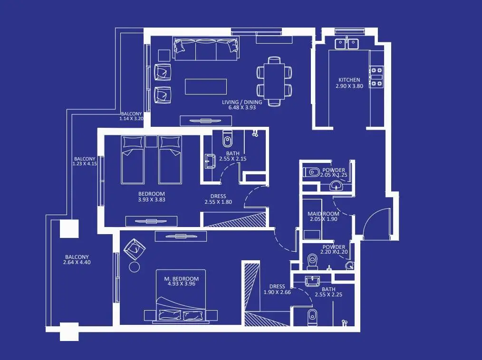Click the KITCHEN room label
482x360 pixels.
[349, 80]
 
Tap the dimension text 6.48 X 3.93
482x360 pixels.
[242, 107]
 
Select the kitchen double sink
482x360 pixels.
[347, 44]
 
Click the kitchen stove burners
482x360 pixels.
[376, 77]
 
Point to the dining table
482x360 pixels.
[274, 81]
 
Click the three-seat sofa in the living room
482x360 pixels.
[206, 49]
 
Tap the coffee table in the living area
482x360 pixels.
[206, 86]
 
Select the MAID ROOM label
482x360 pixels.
[323, 214]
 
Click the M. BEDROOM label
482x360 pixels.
[182, 279]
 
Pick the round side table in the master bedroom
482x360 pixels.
[135, 267]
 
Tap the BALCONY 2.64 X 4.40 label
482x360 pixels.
[77, 260]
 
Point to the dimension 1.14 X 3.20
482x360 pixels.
[131, 118]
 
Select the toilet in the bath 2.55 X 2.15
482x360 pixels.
[227, 139]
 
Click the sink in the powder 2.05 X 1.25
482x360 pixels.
[336, 186]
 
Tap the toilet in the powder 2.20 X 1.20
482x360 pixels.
[312, 262]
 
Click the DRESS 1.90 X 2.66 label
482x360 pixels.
[277, 289]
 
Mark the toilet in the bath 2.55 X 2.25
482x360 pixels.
[312, 316]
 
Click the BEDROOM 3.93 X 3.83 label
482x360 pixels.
[152, 197]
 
